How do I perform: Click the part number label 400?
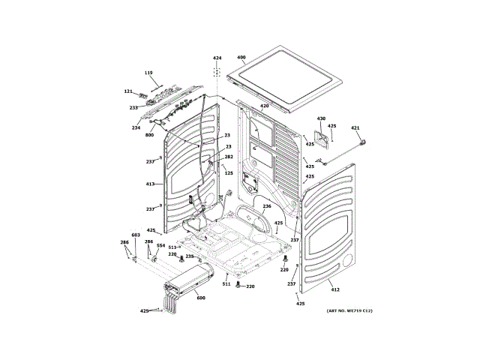[241, 58]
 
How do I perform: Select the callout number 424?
[217, 58]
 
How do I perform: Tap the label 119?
[148, 73]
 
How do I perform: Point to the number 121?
[128, 91]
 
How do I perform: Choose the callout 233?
[133, 107]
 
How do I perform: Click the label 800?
[149, 135]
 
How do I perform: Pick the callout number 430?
[321, 118]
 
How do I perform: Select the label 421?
[355, 127]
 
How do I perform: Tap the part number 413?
[150, 184]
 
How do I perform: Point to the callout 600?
[200, 298]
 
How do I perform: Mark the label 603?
[136, 235]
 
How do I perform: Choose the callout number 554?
[160, 245]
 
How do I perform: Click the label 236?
[266, 205]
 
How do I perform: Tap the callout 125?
[229, 173]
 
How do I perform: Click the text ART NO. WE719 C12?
[349, 310]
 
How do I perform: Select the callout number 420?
[264, 106]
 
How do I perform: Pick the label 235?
[190, 256]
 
